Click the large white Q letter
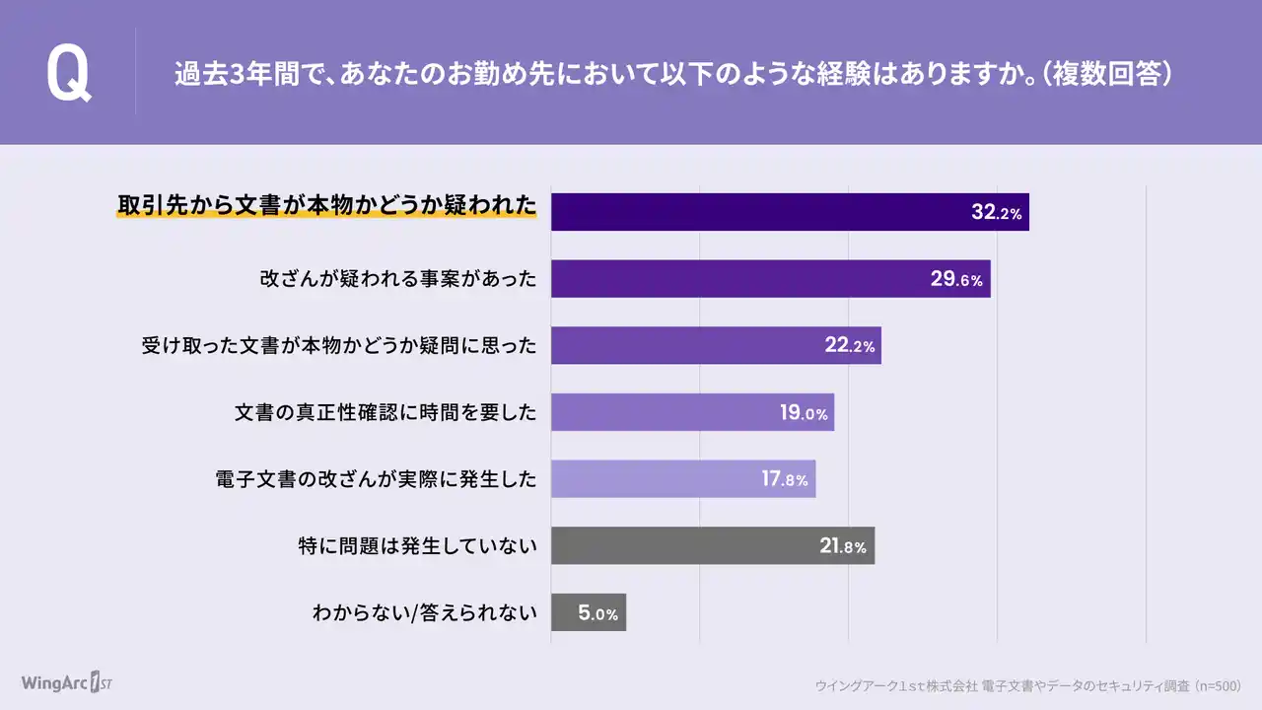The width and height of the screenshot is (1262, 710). pos(68,75)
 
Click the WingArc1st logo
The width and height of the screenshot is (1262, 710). pos(67,682)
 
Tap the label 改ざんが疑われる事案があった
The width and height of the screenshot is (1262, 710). pos(398,279)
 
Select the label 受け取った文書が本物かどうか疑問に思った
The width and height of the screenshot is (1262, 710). pos(340,345)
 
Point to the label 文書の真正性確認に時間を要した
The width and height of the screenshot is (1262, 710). pos(386,412)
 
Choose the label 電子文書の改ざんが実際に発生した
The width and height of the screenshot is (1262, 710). pos(376,479)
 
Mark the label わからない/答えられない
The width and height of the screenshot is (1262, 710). pos(425,612)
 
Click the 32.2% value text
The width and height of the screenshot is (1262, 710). pos(996,212)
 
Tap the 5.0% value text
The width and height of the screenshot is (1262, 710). pos(597,613)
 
